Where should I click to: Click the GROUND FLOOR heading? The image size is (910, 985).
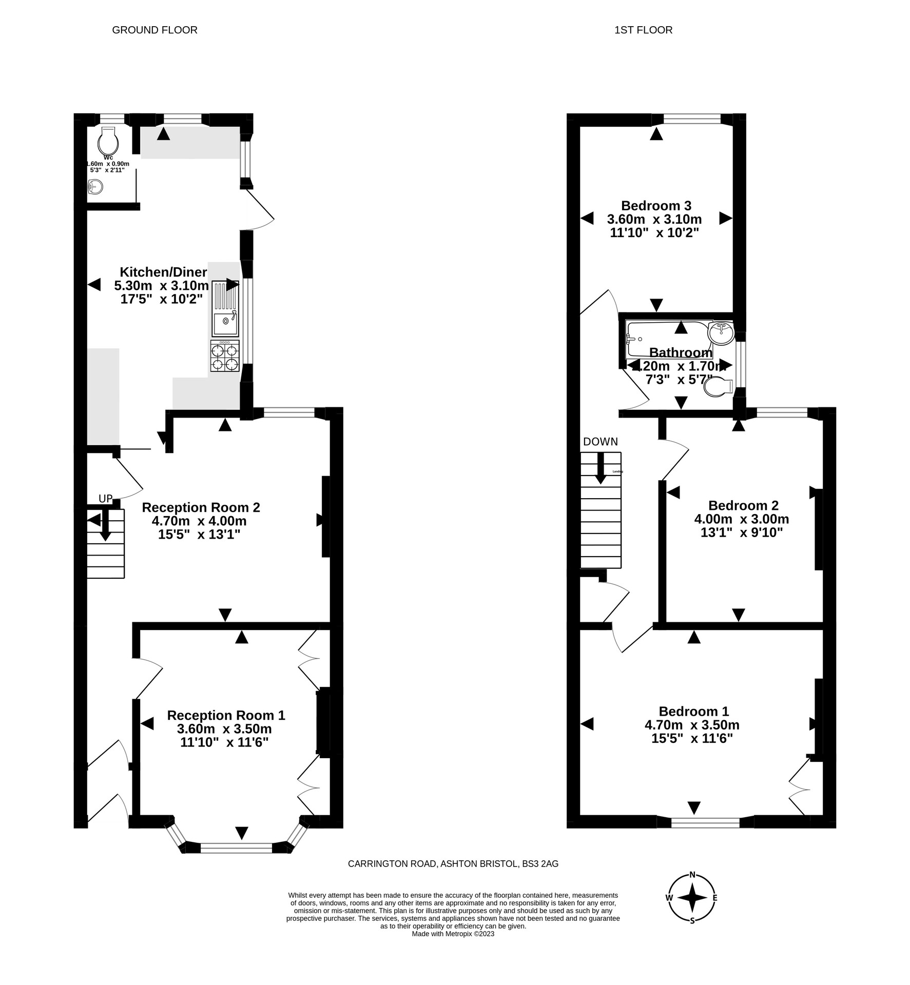point(154,30)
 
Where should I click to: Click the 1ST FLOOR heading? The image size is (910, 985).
point(643,30)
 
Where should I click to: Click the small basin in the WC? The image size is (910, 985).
point(95,187)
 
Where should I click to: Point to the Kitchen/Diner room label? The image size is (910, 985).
point(163,272)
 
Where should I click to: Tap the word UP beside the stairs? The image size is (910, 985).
point(105,499)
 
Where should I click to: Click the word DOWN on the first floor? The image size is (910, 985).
point(601,442)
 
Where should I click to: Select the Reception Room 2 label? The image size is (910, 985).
point(201,507)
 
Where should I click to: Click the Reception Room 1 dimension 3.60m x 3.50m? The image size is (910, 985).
point(224,729)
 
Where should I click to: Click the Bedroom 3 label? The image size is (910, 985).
point(656,206)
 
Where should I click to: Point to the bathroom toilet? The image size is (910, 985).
point(718,387)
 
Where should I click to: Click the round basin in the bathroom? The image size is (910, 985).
point(722,333)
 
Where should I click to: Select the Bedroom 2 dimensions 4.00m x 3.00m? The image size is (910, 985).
point(741,519)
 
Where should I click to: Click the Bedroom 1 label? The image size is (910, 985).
point(693,711)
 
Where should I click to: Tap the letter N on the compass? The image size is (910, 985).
point(692,875)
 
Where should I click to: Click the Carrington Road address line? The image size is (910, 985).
point(453,864)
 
